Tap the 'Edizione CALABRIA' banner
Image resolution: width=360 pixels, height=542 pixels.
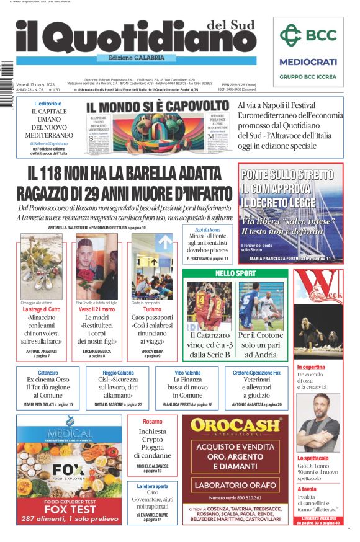coord(136,58)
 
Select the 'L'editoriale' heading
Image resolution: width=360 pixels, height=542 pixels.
coord(48,103)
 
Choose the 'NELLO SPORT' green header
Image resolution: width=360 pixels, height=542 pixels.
coord(235,273)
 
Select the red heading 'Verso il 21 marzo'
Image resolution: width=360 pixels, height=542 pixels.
coord(96,309)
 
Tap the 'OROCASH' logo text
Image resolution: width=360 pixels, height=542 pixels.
coord(236,426)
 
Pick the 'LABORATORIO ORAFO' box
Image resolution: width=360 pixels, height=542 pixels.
coord(235,485)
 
